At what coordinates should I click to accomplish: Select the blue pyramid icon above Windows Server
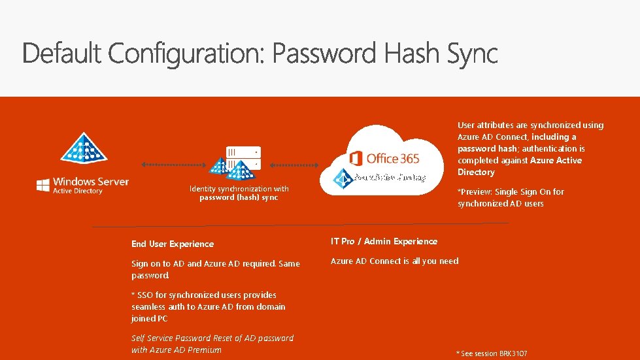tap(83, 148)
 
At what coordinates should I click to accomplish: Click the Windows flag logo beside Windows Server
tap(43, 185)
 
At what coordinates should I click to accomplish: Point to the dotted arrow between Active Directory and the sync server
tap(174, 165)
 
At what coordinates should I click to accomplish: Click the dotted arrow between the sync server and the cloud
tap(294, 165)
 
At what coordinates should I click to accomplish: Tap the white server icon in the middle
tap(243, 157)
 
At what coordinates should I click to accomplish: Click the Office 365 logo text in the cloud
tap(393, 158)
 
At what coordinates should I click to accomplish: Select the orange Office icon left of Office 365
tap(356, 158)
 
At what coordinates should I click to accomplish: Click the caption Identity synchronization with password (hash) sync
tap(239, 193)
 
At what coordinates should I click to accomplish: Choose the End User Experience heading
tap(173, 244)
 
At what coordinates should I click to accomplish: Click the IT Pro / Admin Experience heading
tap(384, 241)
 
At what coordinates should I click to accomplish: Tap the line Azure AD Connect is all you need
tap(394, 261)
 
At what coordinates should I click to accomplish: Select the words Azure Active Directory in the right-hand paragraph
tap(519, 166)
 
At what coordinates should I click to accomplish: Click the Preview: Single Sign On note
tap(511, 197)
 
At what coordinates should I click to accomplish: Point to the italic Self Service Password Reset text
tap(212, 344)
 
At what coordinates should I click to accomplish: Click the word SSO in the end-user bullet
tap(146, 295)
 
